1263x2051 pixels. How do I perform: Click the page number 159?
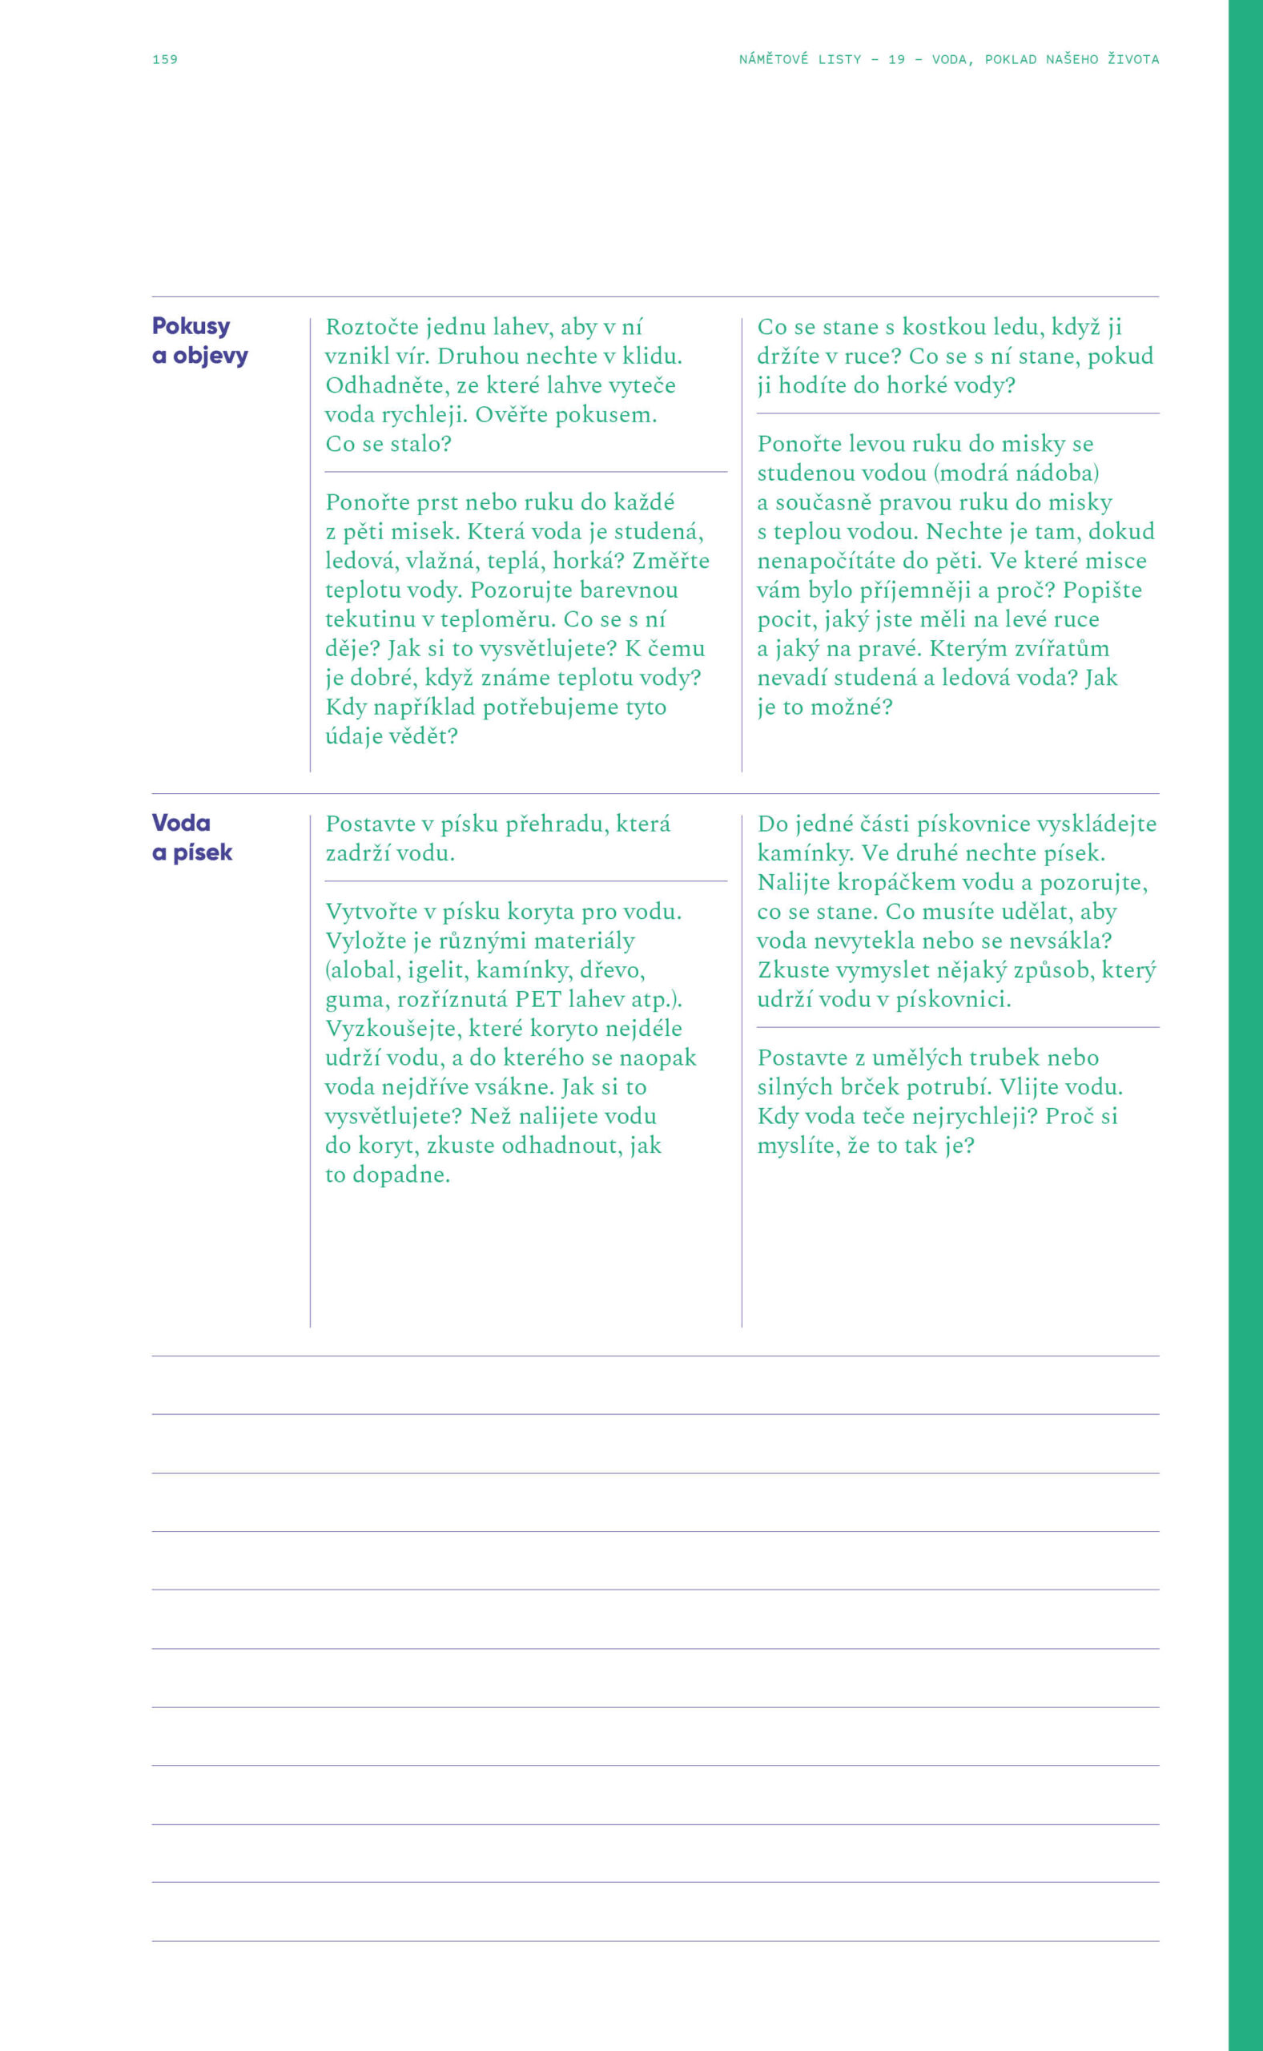(x=164, y=59)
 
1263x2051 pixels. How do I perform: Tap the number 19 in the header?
(x=896, y=59)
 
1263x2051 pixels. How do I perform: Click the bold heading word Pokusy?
(x=191, y=326)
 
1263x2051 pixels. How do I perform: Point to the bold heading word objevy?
(x=211, y=355)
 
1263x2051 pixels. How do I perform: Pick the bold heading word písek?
(x=202, y=852)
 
